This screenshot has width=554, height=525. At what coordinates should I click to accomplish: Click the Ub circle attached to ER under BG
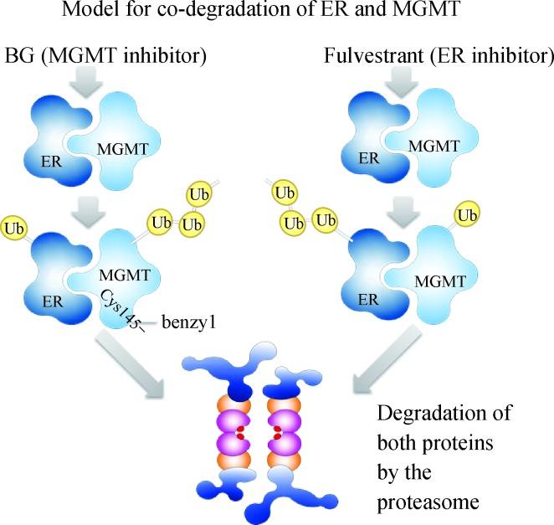[13, 228]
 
